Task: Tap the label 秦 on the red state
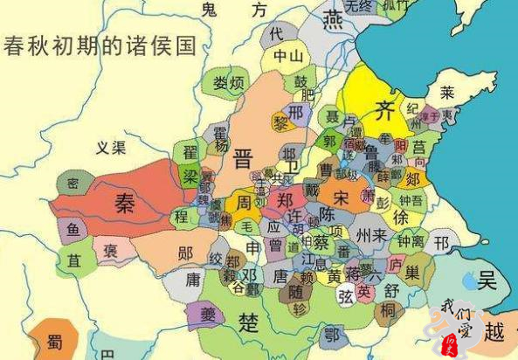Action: click(125, 203)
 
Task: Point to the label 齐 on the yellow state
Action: click(384, 111)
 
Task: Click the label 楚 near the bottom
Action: click(249, 322)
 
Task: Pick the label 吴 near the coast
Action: click(487, 280)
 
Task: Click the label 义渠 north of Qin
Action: click(112, 148)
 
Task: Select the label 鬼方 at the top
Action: click(232, 10)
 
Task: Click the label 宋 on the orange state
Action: click(341, 197)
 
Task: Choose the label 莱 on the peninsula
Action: click(446, 91)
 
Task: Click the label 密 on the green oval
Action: click(73, 183)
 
